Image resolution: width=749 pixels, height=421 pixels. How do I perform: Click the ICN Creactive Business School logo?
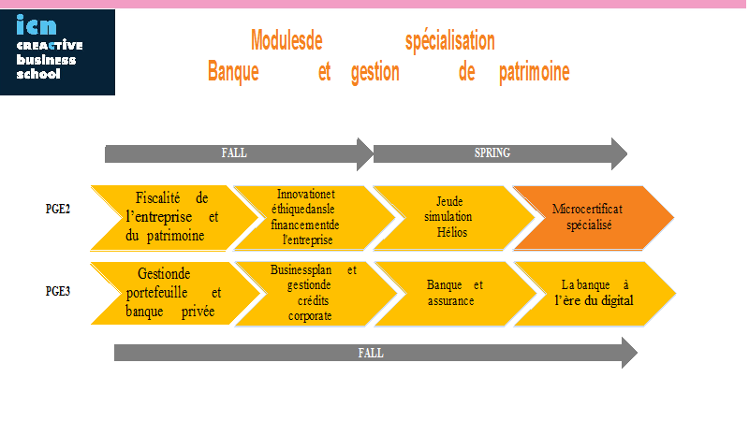pos(57,52)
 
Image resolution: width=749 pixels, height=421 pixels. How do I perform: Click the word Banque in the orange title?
pos(233,72)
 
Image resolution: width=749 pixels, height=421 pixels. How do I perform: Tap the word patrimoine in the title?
pos(534,72)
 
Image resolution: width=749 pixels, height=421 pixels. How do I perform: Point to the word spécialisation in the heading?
pos(450,41)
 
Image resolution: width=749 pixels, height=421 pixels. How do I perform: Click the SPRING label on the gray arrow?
pos(492,152)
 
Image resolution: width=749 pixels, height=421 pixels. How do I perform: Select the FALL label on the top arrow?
pos(234,152)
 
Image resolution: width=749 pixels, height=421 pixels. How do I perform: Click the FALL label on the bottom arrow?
pos(371,353)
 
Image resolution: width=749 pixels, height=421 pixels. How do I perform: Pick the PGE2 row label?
pos(58,209)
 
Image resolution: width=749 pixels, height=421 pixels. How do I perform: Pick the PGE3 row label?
pos(58,291)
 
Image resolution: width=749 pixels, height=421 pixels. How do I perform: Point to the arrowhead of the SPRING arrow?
pos(619,153)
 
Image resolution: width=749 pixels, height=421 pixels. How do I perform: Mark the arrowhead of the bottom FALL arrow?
pos(629,353)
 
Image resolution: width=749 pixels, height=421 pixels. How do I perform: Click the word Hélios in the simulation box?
pos(452,232)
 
